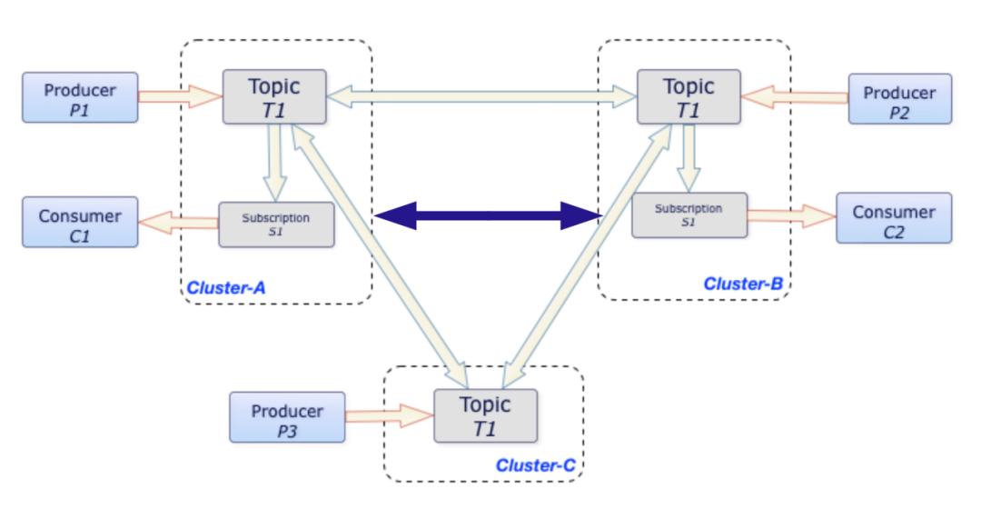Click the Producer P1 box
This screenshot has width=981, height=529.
tap(80, 97)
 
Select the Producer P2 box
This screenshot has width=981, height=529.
tap(899, 99)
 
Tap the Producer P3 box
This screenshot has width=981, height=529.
tap(287, 417)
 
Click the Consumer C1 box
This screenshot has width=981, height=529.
tap(80, 223)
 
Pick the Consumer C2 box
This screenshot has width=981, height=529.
tap(894, 218)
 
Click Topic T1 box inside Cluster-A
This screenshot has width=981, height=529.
tap(274, 97)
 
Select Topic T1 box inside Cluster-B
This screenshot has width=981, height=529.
tap(689, 97)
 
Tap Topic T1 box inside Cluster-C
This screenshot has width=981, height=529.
tap(485, 416)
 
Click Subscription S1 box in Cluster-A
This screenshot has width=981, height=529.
tap(276, 225)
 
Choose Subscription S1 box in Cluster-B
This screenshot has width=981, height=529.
tap(689, 215)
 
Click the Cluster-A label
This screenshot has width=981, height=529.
tap(226, 288)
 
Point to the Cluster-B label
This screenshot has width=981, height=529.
tap(743, 284)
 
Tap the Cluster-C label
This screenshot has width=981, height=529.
tap(536, 465)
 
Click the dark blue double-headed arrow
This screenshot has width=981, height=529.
tap(488, 216)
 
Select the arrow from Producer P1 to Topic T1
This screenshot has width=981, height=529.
tap(180, 96)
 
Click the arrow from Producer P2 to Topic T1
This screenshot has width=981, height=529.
tap(795, 97)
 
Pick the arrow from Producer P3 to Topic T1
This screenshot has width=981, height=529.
tap(389, 415)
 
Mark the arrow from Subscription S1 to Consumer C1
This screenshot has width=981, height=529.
tap(178, 223)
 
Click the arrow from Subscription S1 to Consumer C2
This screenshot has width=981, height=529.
tap(792, 216)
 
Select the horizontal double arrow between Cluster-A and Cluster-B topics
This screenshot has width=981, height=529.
tap(481, 96)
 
